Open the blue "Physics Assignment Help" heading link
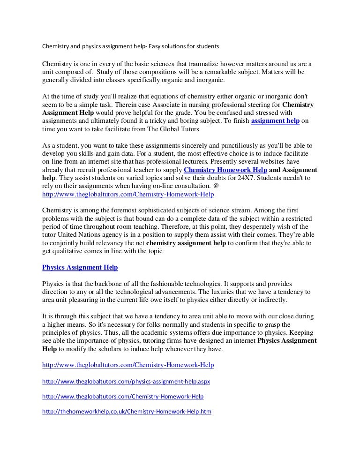pyautogui.click(x=80, y=267)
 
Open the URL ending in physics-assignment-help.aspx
pyautogui.click(x=126, y=381)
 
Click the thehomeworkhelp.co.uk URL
pyautogui.click(x=127, y=412)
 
